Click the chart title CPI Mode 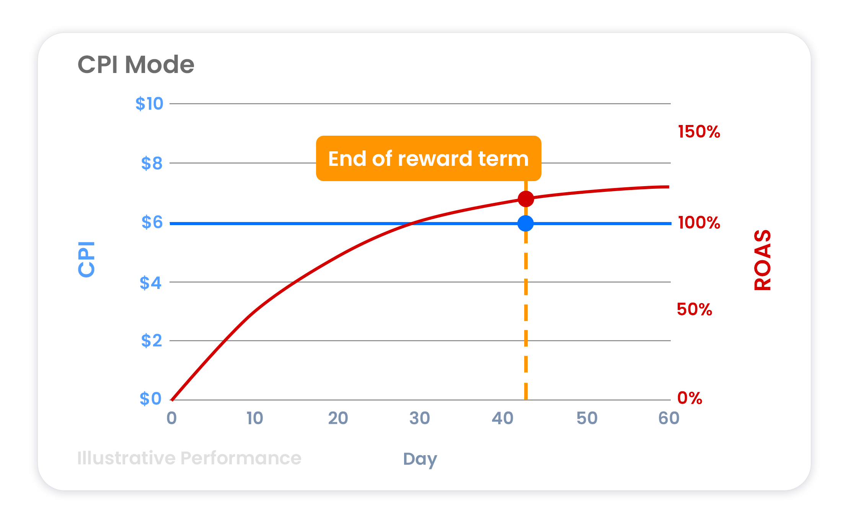tap(136, 64)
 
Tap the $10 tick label tap(149, 104)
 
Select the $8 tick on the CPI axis tap(152, 163)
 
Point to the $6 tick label tap(152, 222)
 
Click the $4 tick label tap(150, 283)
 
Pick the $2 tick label tap(152, 341)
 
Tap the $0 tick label tap(150, 399)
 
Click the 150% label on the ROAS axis tap(699, 132)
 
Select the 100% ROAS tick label tap(699, 222)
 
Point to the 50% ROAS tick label tap(694, 309)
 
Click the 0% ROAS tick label tap(690, 398)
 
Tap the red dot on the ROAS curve tap(526, 199)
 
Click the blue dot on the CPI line tap(525, 224)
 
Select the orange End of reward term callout tap(428, 158)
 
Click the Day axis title tap(420, 459)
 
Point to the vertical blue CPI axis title tap(86, 259)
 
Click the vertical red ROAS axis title tap(762, 260)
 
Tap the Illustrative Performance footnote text tap(189, 458)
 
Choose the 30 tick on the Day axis tap(419, 418)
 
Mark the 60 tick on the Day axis tap(668, 418)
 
